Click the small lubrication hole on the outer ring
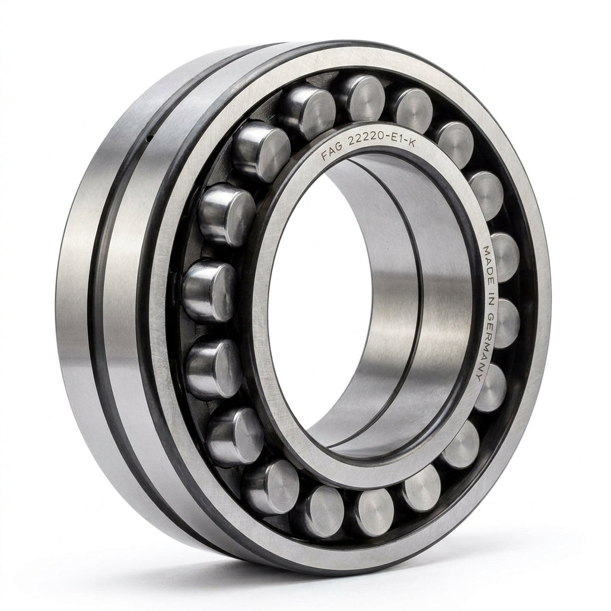[149, 137]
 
